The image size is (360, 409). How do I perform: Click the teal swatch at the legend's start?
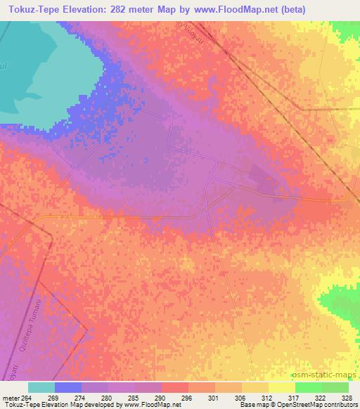(x=41, y=387)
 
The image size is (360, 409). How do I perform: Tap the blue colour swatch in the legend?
(x=67, y=387)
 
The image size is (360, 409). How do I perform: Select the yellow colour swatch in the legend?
(x=281, y=387)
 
